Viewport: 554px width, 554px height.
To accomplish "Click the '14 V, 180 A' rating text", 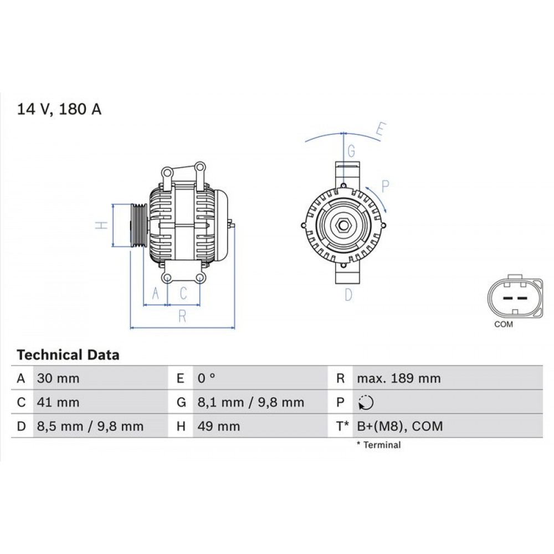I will [59, 109].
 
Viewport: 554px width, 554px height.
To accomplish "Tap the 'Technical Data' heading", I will [68, 355].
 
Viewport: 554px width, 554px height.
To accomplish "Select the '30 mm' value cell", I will [58, 379].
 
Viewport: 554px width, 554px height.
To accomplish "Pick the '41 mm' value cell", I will [58, 403].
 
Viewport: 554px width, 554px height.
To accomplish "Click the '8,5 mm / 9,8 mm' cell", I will [90, 426].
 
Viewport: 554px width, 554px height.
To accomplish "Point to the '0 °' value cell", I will [207, 379].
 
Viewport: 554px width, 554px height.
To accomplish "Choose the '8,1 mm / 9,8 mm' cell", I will [250, 403].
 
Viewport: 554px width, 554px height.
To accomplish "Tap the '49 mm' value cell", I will [219, 426].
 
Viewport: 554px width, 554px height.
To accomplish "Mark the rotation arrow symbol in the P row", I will [366, 403].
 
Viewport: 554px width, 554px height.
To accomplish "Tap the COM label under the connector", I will [504, 324].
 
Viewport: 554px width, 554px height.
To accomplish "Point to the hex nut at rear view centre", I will [342, 227].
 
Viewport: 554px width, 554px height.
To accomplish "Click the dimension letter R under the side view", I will [182, 316].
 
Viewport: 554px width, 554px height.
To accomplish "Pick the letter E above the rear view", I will [380, 130].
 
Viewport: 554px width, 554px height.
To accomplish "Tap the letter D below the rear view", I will [348, 295].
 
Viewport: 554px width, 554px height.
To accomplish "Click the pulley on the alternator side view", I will [137, 226].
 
